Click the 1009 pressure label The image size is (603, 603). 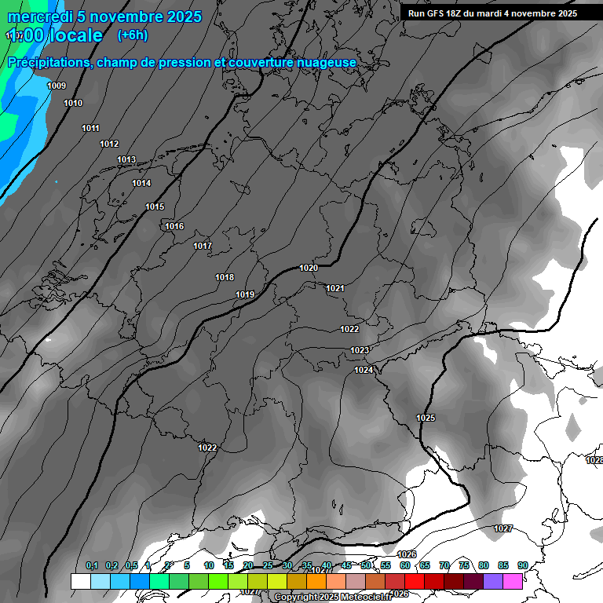pyautogui.click(x=57, y=86)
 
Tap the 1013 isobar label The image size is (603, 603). pyautogui.click(x=126, y=160)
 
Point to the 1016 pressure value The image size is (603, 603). pyautogui.click(x=174, y=227)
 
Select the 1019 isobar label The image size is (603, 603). pyautogui.click(x=245, y=295)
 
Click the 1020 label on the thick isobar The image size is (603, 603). pyautogui.click(x=309, y=269)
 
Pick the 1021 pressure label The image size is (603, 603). pyautogui.click(x=335, y=289)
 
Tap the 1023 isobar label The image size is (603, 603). pyautogui.click(x=360, y=350)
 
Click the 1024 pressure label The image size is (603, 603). pyautogui.click(x=364, y=370)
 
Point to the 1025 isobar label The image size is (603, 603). pyautogui.click(x=426, y=418)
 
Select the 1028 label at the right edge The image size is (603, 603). pyautogui.click(x=594, y=461)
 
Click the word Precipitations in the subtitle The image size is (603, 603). pyautogui.click(x=48, y=63)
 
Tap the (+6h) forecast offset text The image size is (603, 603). pyautogui.click(x=133, y=35)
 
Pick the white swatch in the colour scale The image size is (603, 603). pyautogui.click(x=80, y=581)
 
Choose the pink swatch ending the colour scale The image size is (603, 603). pyautogui.click(x=513, y=581)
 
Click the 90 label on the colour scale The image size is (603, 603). pyautogui.click(x=523, y=565)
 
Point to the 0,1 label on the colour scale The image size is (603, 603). pyautogui.click(x=92, y=565)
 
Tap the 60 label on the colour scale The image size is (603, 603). pyautogui.click(x=405, y=565)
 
